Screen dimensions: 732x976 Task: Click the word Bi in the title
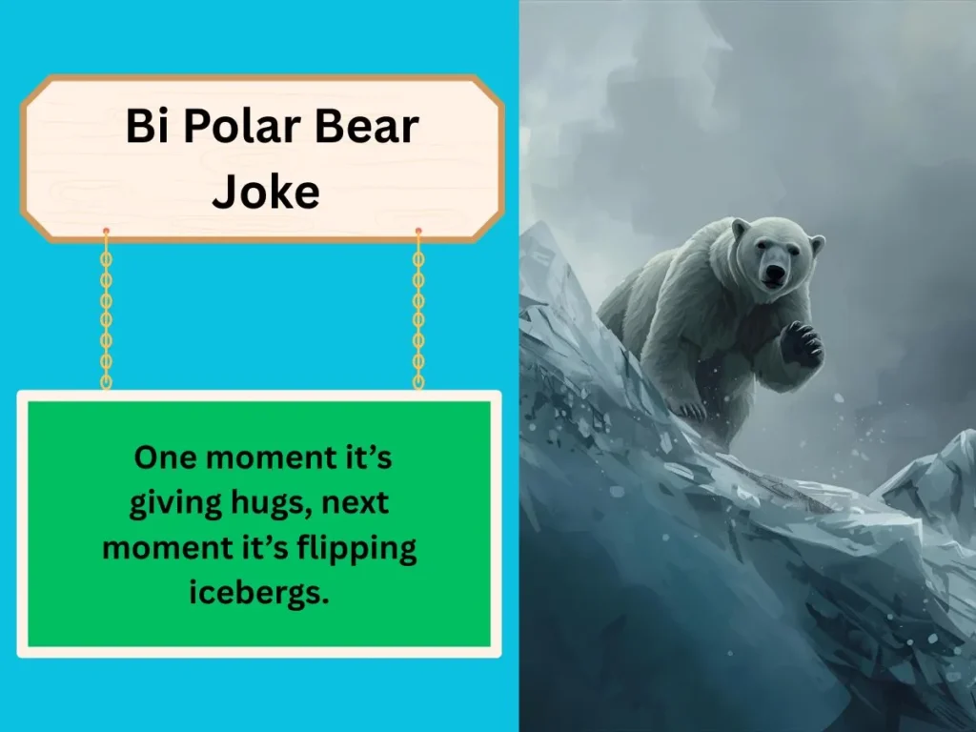click(144, 127)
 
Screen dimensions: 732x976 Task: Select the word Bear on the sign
click(362, 127)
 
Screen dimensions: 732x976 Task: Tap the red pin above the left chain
click(106, 232)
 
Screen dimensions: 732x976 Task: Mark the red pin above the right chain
click(418, 232)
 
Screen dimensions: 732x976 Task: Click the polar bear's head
click(774, 253)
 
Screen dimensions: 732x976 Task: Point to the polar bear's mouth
click(775, 283)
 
